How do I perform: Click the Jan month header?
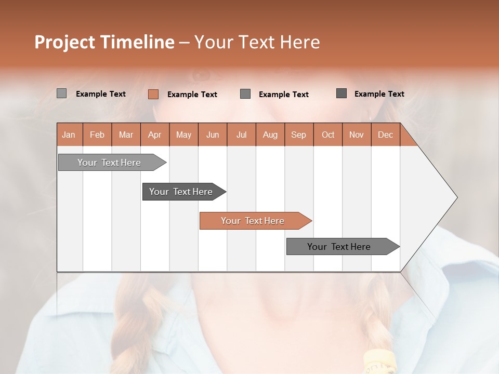(69, 135)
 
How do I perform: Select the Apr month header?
(154, 135)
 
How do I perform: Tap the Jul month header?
(241, 135)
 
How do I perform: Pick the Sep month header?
(298, 135)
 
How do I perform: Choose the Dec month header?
(385, 135)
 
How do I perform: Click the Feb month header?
(97, 135)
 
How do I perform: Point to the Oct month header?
(328, 135)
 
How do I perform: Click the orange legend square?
(153, 94)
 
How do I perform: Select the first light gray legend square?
(61, 94)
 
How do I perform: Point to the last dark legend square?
(342, 94)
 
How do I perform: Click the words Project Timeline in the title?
(104, 42)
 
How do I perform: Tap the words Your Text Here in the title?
(257, 42)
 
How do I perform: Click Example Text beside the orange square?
(192, 95)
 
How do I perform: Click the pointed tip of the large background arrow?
(456, 197)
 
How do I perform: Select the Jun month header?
(213, 135)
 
